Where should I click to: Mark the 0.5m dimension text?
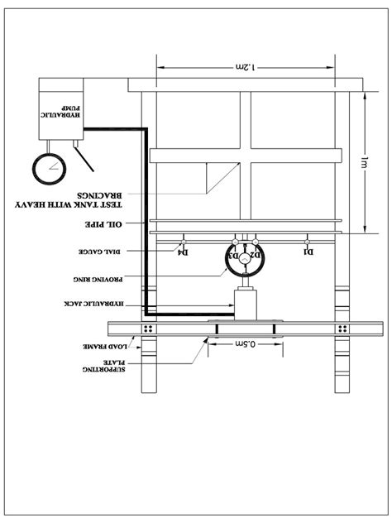pyautogui.click(x=246, y=343)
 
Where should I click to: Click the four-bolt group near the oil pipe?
pyautogui.click(x=150, y=329)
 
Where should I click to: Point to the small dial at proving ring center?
pyautogui.click(x=246, y=257)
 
